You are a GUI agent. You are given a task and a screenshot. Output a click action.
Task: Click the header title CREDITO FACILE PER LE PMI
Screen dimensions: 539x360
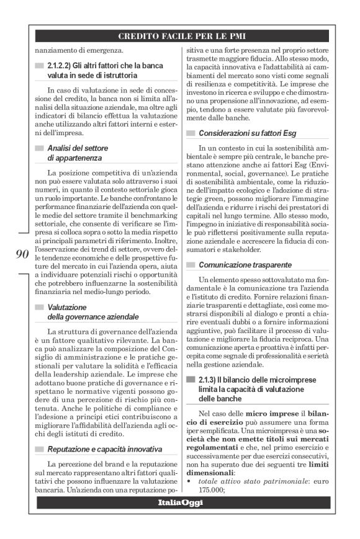tap(179, 36)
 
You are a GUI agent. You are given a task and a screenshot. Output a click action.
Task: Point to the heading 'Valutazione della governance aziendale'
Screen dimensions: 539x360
tap(93, 312)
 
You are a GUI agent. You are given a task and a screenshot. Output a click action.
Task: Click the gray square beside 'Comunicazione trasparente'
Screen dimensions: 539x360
tap(192, 265)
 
